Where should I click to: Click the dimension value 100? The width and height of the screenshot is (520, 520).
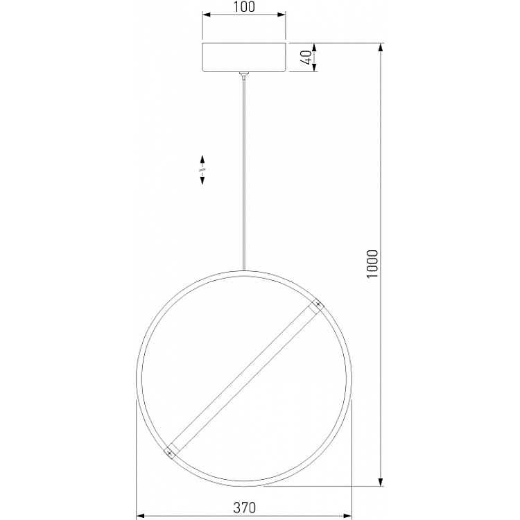243,8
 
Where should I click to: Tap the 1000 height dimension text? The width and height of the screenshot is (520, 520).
372,264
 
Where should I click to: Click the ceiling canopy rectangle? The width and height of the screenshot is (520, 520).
243,58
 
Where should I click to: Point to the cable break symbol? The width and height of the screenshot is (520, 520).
202,169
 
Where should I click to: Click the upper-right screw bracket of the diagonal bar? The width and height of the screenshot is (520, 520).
317,306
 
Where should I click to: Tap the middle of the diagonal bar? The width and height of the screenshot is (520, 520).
243,379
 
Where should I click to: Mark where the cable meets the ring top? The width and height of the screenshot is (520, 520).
243,270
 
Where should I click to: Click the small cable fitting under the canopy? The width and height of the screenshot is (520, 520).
243,74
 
